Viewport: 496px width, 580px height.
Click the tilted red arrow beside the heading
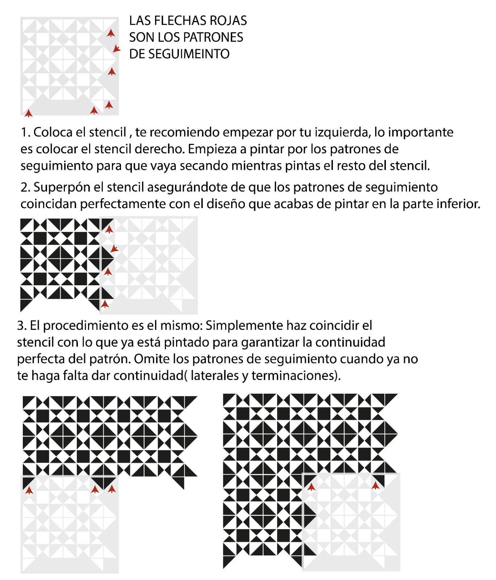tap(116, 49)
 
